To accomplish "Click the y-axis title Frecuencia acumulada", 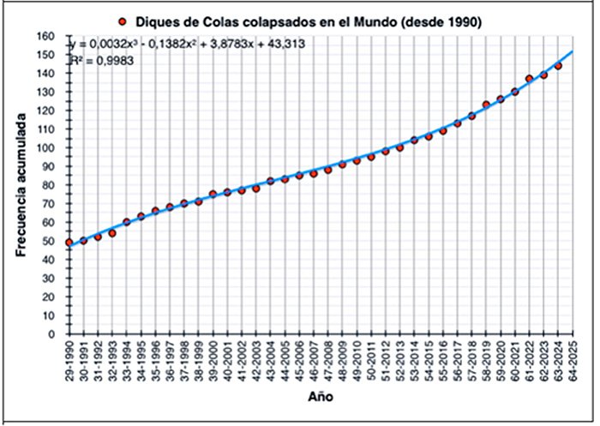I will [x=24, y=186].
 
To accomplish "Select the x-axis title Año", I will [x=317, y=398].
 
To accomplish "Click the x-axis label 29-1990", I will [x=69, y=361].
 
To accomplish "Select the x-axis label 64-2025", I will [x=573, y=361].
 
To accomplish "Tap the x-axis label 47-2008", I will [x=327, y=361].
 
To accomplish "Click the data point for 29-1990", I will [x=69, y=243].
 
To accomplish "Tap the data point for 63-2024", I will [x=558, y=66].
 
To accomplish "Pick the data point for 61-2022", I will [x=529, y=79].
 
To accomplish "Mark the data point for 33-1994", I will [x=126, y=222].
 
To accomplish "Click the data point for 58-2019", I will [x=486, y=105].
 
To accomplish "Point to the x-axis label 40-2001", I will [x=227, y=361].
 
